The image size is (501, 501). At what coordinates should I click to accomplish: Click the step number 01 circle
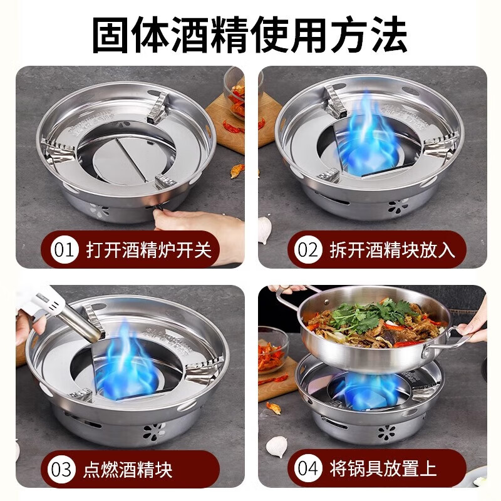[65, 249]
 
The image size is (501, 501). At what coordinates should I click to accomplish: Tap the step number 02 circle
[307, 249]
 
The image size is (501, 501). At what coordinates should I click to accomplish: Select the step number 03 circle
[61, 469]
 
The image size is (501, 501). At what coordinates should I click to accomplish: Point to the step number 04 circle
[307, 468]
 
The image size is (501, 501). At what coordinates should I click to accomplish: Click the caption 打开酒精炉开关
[148, 249]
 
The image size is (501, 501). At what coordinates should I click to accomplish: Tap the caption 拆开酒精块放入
[393, 249]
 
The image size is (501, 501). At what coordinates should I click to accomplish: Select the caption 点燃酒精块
[128, 469]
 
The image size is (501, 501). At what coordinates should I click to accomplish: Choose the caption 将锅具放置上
[383, 468]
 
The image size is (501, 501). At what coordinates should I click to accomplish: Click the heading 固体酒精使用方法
[250, 34]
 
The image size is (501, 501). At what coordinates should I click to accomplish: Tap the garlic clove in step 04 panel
[277, 446]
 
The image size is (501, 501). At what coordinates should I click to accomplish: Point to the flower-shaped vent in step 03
[154, 431]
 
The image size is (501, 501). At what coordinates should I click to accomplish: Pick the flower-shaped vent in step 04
[386, 432]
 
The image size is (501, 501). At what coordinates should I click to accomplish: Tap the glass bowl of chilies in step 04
[272, 350]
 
